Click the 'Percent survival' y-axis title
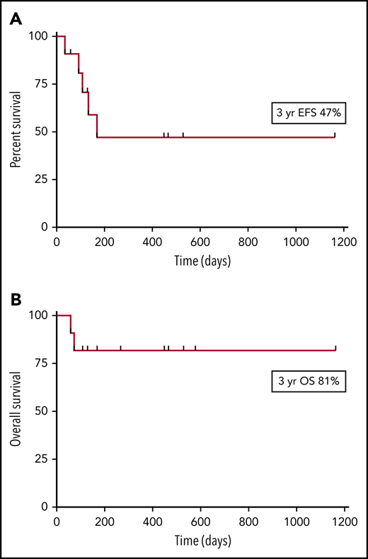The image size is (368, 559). coord(16,131)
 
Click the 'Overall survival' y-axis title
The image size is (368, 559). coord(16,411)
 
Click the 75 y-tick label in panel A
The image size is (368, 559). coord(41,83)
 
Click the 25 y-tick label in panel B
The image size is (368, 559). coord(41,459)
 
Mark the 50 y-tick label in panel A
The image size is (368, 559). coord(41,131)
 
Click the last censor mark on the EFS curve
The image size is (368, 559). coord(335,134)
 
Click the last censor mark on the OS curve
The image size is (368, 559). coord(335,348)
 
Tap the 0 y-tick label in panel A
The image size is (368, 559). coord(44,227)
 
